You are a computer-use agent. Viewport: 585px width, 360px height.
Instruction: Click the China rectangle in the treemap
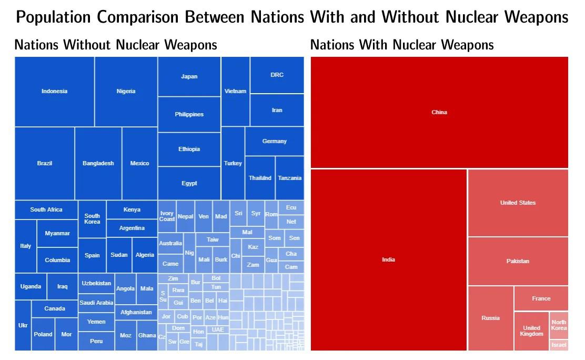[x=439, y=112]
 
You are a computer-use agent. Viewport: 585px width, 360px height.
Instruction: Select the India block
[x=388, y=259]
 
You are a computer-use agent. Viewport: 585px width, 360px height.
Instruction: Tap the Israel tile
[x=559, y=345]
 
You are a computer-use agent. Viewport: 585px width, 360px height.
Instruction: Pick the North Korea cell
[x=559, y=325]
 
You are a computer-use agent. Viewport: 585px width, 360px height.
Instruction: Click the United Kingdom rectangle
[x=531, y=331]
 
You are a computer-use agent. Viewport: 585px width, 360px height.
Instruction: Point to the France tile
[x=541, y=298]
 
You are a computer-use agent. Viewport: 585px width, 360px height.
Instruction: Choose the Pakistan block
[x=518, y=261]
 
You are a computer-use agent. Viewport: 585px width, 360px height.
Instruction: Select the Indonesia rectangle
[x=55, y=91]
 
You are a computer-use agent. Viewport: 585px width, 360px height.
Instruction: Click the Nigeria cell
[x=126, y=91]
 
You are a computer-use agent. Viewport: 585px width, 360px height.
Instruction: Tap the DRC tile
[x=277, y=75]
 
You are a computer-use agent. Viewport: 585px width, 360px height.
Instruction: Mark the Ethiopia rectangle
[x=189, y=149]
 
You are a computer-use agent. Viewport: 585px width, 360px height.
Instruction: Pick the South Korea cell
[x=92, y=218]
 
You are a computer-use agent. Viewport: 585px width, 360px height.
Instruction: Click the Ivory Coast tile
[x=167, y=216]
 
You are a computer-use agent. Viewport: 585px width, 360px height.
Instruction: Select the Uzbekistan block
[x=96, y=283]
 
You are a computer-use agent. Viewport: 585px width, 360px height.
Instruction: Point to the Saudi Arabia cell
[x=96, y=303]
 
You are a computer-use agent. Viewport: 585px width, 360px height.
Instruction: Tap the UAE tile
[x=218, y=329]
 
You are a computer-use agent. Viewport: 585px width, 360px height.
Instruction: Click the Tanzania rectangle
[x=289, y=178]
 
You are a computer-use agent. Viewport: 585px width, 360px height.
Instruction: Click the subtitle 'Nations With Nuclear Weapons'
[x=402, y=45]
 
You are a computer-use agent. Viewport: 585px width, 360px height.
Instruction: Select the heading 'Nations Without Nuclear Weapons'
[x=116, y=45]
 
